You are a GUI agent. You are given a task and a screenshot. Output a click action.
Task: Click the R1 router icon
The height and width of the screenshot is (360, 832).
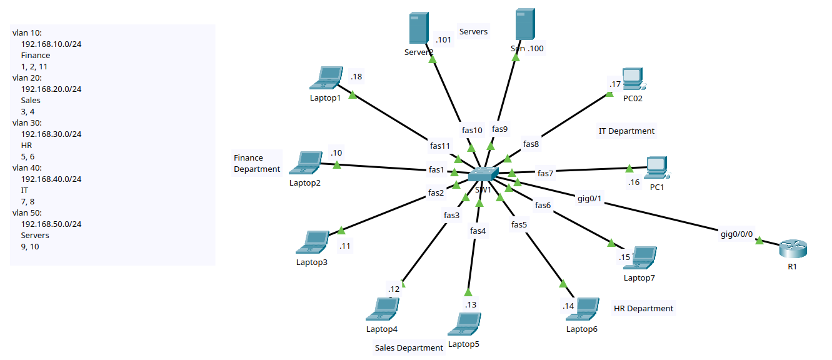click(x=793, y=248)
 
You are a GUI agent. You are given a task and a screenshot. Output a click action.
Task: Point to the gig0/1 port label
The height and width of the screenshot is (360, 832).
click(x=589, y=199)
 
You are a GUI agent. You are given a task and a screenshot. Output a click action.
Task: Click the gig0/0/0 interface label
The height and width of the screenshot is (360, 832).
click(x=736, y=234)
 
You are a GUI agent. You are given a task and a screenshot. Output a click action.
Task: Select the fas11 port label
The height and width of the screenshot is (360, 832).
click(x=440, y=146)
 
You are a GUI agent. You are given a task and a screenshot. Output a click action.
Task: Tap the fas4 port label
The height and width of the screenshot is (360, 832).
click(x=478, y=231)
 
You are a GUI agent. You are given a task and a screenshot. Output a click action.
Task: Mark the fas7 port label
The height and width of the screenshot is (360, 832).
click(x=546, y=173)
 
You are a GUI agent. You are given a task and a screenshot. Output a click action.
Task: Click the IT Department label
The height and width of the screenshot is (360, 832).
click(x=626, y=131)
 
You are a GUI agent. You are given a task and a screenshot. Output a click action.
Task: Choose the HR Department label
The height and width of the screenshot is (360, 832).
click(x=643, y=308)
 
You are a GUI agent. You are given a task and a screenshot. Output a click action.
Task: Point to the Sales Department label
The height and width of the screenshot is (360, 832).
click(x=409, y=347)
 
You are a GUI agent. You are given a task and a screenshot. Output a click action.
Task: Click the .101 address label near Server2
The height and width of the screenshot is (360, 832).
click(x=443, y=40)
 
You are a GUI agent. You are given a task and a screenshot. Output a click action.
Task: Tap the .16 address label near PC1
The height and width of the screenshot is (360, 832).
click(x=634, y=182)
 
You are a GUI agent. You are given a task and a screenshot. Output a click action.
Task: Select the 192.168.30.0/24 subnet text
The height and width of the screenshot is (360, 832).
click(x=51, y=134)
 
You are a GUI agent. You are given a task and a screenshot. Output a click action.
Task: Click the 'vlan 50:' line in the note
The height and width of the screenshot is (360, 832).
click(x=27, y=212)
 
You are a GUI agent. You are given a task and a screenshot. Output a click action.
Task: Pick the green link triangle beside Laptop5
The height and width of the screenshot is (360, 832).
click(x=468, y=292)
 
